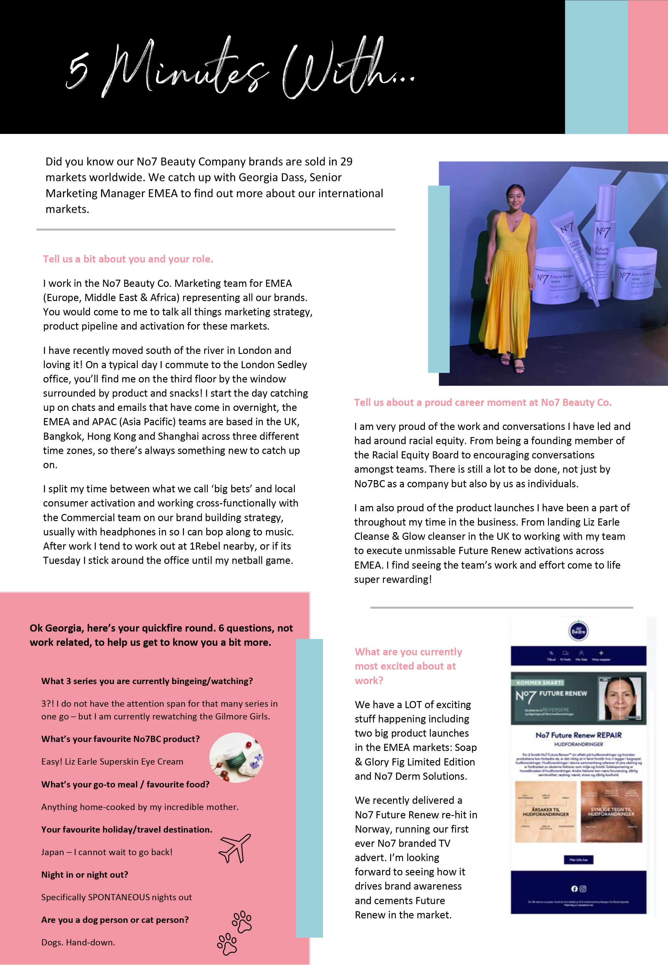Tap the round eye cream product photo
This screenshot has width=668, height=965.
pos(236,758)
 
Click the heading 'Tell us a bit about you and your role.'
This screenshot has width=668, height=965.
pos(128,259)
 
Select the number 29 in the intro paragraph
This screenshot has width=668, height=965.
pos(346,162)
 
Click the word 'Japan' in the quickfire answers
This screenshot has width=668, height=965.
pos(52,852)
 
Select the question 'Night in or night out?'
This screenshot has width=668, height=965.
pos(85,875)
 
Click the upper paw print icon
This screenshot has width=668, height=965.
pos(242,921)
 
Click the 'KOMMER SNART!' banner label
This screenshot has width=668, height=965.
pos(540,683)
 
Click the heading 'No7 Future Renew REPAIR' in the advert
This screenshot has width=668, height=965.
pos(578,735)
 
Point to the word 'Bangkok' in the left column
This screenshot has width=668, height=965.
pos(62,436)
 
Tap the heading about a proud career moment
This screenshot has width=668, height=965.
pos(482,403)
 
